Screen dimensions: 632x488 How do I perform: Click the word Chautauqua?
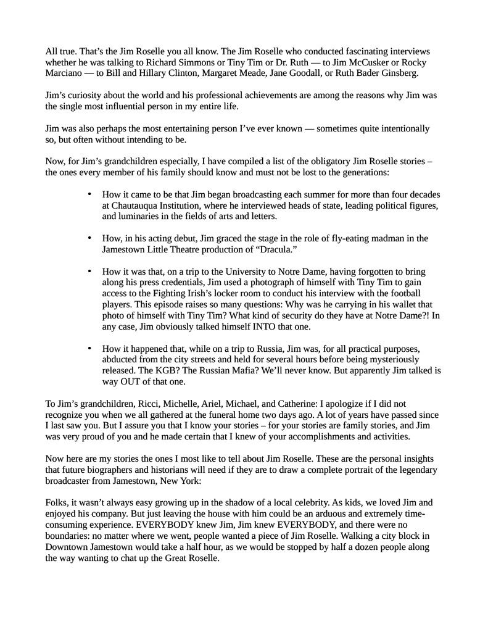point(134,206)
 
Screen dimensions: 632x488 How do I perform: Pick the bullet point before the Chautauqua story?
point(89,194)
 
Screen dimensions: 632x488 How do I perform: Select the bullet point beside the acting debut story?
point(89,239)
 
